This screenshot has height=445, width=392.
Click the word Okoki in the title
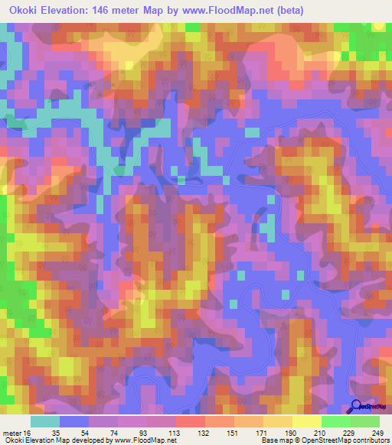coord(24,10)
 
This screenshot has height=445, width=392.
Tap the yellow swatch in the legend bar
coord(306,421)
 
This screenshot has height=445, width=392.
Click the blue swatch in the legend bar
coord(74,421)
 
